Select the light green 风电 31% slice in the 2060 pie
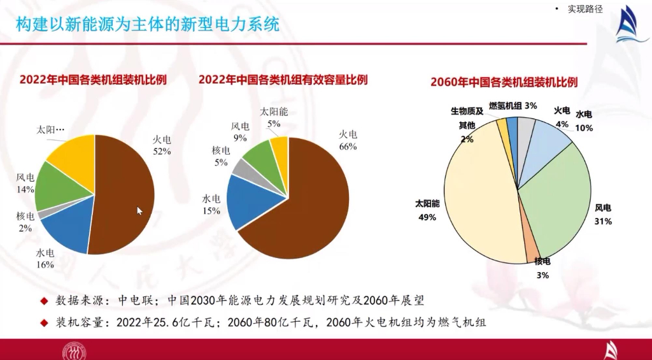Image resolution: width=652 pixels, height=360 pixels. click(560, 198)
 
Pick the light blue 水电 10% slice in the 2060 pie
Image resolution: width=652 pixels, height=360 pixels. click(548, 137)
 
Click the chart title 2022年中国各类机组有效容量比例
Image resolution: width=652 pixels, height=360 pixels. click(283, 80)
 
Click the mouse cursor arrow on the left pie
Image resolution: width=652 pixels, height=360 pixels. click(140, 211)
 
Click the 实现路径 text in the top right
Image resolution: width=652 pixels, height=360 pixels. click(585, 9)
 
